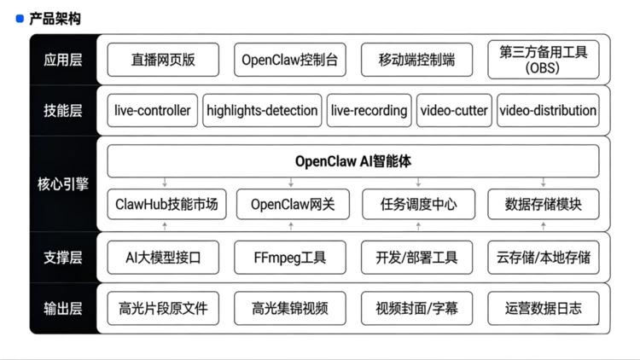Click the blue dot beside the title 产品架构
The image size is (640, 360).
(20, 18)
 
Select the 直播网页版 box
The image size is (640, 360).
(163, 60)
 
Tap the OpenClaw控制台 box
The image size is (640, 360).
(290, 60)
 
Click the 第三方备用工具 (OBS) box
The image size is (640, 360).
(544, 60)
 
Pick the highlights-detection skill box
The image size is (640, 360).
(262, 111)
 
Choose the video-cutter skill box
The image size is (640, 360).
(453, 111)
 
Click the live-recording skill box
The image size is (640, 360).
(369, 111)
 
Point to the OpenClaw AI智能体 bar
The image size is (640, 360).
(353, 160)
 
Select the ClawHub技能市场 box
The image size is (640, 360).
(166, 205)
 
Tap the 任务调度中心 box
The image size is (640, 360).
(416, 205)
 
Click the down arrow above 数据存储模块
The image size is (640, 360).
(544, 183)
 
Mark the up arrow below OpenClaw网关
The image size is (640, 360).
(291, 226)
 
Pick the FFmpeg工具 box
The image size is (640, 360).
(290, 257)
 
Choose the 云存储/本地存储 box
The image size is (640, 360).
(544, 257)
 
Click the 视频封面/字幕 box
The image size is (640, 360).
(416, 308)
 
